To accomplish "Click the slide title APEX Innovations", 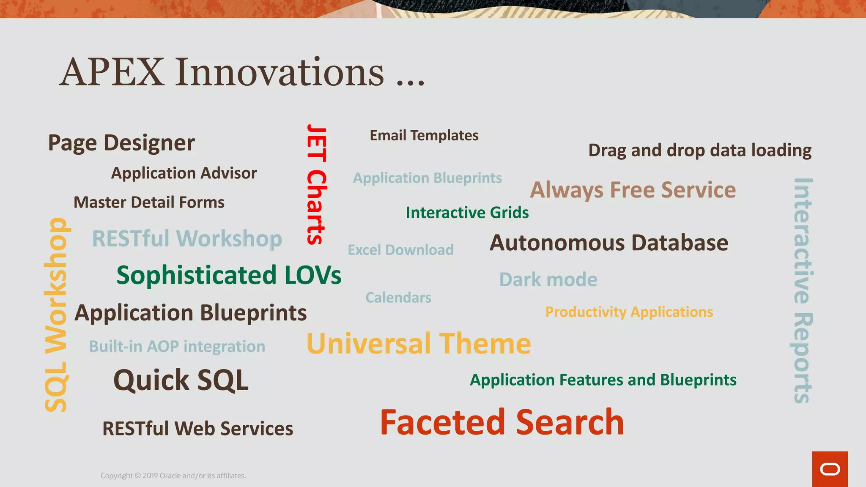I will click(242, 72).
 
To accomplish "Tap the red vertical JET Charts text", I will click(316, 184).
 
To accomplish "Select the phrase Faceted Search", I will click(502, 422).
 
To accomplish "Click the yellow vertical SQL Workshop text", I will click(56, 315).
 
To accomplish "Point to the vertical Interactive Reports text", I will click(802, 290).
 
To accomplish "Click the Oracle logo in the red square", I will click(830, 469).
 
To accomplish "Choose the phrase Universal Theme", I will click(419, 343).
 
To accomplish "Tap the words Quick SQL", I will click(181, 380).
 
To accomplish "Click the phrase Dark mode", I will click(548, 279).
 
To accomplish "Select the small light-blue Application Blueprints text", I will click(428, 178).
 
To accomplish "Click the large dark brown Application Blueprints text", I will click(191, 313).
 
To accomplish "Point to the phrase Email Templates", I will click(424, 135).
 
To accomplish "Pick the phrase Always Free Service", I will click(633, 190).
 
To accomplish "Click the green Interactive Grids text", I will click(467, 213).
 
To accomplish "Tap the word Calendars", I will click(398, 298).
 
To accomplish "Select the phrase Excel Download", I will click(400, 250).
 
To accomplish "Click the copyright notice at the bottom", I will click(173, 476).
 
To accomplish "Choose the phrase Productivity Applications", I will click(629, 312).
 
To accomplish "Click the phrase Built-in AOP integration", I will click(177, 347).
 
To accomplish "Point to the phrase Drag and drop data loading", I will click(700, 150).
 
